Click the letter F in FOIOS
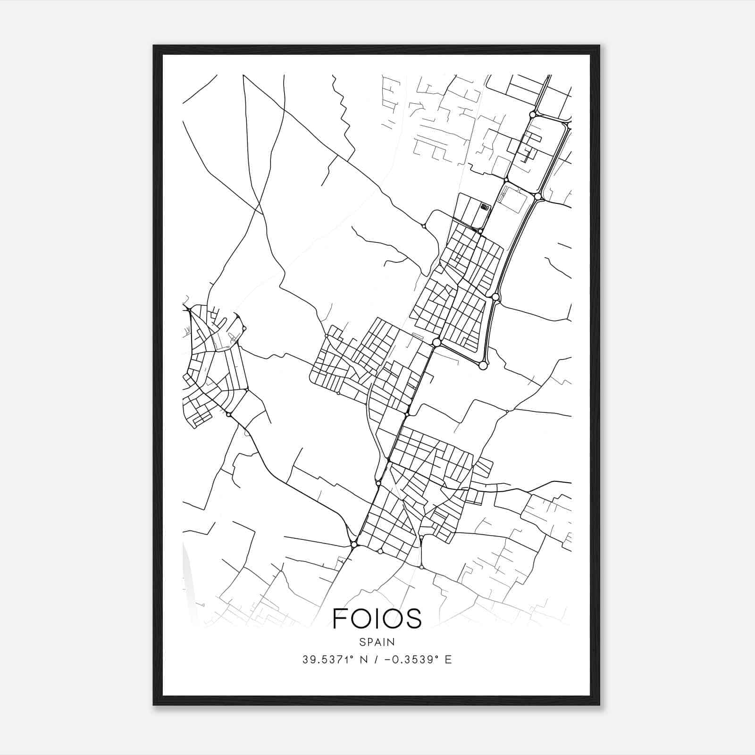341,618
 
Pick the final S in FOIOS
414,618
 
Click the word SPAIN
377,642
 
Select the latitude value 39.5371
325,660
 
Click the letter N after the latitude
363,660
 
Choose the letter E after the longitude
448,660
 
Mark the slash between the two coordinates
376,660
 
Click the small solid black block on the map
485,206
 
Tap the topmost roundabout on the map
532,114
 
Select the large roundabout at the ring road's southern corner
482,365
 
